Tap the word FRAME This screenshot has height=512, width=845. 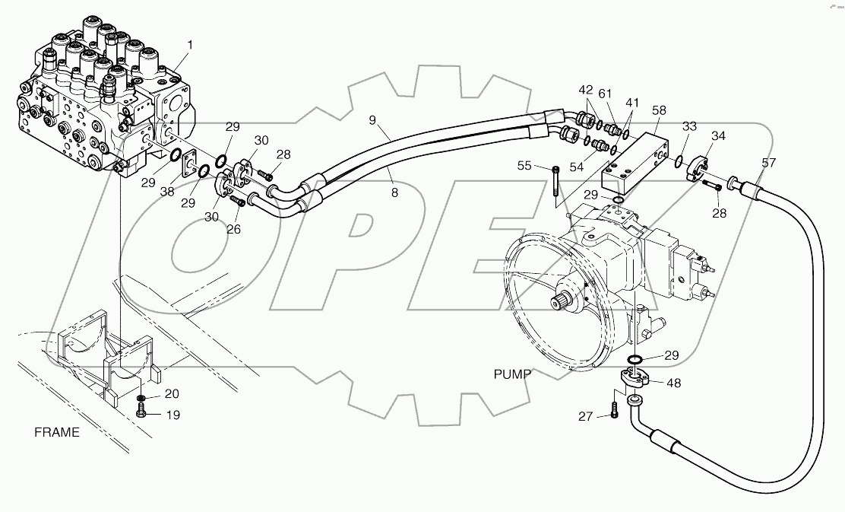57,433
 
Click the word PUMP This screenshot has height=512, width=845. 512,374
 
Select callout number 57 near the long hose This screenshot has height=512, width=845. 769,163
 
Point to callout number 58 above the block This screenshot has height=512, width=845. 658,110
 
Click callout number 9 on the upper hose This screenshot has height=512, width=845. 372,119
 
